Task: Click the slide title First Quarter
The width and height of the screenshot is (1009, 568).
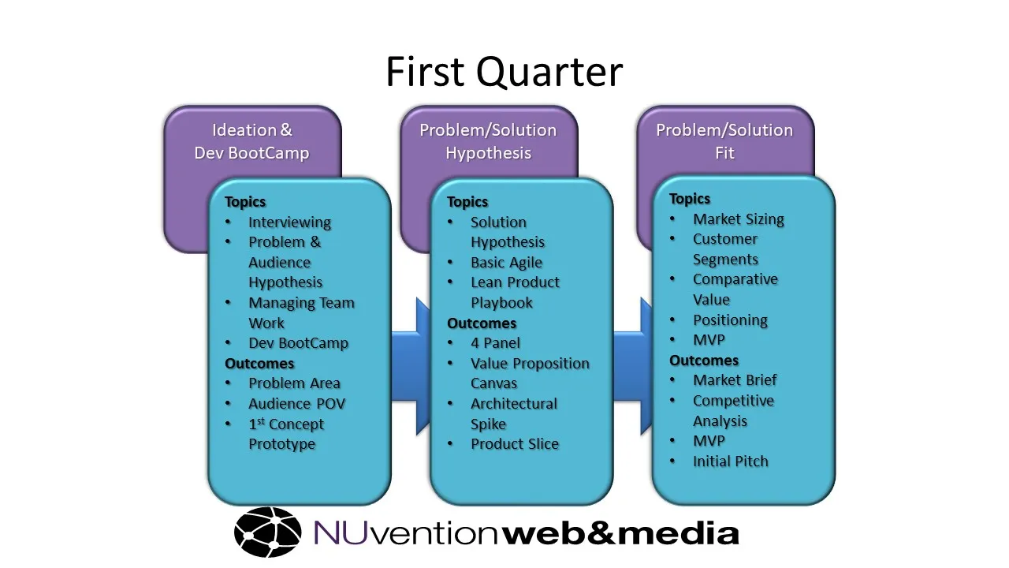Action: point(504,71)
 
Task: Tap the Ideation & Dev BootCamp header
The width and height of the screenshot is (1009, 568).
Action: point(251,141)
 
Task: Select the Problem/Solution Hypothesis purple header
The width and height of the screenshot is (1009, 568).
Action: point(488,141)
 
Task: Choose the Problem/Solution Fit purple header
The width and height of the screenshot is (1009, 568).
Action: point(724,141)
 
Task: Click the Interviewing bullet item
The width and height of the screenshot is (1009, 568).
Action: point(289,222)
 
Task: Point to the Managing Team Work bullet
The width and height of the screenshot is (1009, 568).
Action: point(300,312)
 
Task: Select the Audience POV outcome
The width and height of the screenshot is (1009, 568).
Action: point(296,403)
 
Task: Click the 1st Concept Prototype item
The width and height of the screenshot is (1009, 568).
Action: point(285,434)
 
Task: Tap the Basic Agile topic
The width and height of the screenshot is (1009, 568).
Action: point(506,263)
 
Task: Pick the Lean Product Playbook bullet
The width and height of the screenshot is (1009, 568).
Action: point(515,292)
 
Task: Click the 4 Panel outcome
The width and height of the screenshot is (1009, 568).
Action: point(495,343)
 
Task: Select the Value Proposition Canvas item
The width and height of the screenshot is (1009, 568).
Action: point(529,373)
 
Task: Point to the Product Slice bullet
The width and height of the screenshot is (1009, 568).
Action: point(514,444)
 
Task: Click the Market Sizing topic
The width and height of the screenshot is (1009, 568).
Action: point(738,219)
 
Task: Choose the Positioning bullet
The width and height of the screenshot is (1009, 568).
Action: point(730,320)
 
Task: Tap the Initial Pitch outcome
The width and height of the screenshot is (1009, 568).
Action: point(730,461)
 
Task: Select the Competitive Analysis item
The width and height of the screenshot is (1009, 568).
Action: point(732,410)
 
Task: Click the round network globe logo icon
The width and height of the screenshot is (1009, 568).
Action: point(268,532)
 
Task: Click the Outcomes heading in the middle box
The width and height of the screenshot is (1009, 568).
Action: point(482,323)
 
